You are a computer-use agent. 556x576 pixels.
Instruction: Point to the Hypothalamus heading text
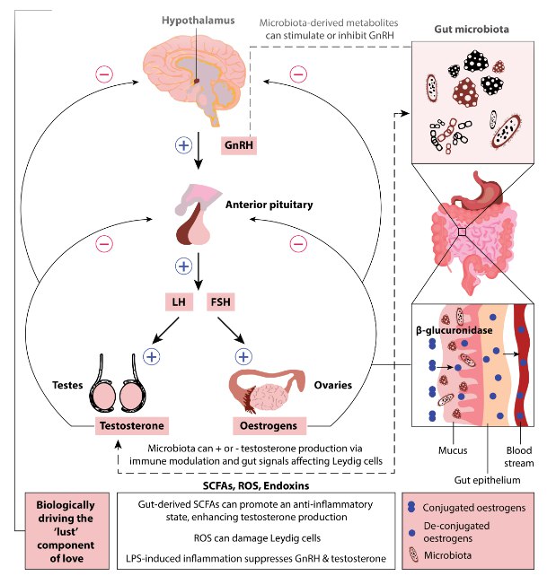pos(197,19)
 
